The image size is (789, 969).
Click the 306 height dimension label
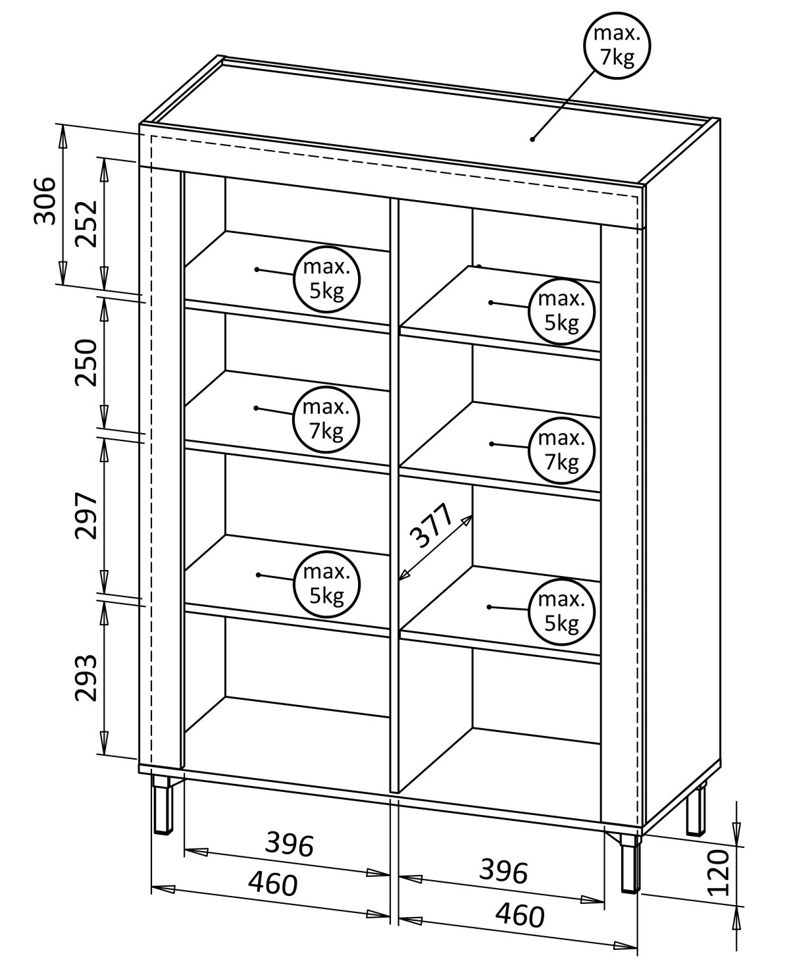click(45, 201)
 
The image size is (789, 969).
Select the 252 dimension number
click(86, 223)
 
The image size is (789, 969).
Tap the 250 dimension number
click(86, 362)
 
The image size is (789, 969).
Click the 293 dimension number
click(86, 678)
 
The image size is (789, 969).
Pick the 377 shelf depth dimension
click(430, 526)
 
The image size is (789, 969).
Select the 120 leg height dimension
click(719, 872)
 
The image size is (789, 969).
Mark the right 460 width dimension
click(520, 914)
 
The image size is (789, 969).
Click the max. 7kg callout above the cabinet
click(617, 46)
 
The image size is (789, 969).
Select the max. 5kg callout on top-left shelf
click(326, 279)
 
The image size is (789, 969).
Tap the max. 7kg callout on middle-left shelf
click(326, 419)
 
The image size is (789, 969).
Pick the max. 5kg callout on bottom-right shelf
click(561, 612)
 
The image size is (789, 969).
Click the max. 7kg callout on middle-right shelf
click(561, 450)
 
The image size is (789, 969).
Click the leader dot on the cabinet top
click(532, 138)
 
